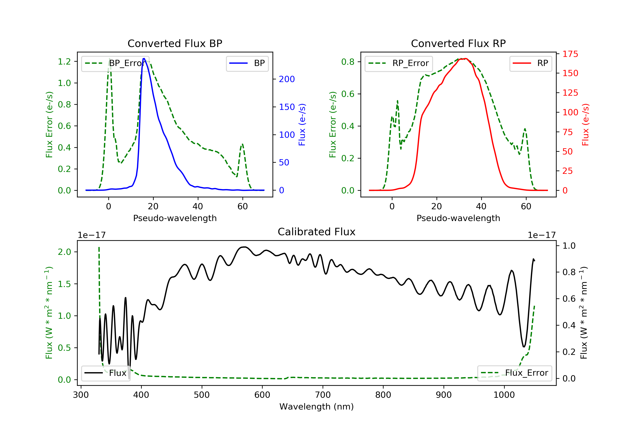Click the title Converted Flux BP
point(175,43)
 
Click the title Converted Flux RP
point(458,43)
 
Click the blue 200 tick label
point(287,79)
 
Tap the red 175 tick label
point(570,54)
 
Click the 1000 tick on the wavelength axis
point(504,395)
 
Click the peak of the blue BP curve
point(144,59)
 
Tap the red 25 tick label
point(567,171)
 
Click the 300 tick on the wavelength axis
point(81,395)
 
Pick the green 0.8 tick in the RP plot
point(348,62)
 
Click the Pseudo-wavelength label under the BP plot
point(175,218)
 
